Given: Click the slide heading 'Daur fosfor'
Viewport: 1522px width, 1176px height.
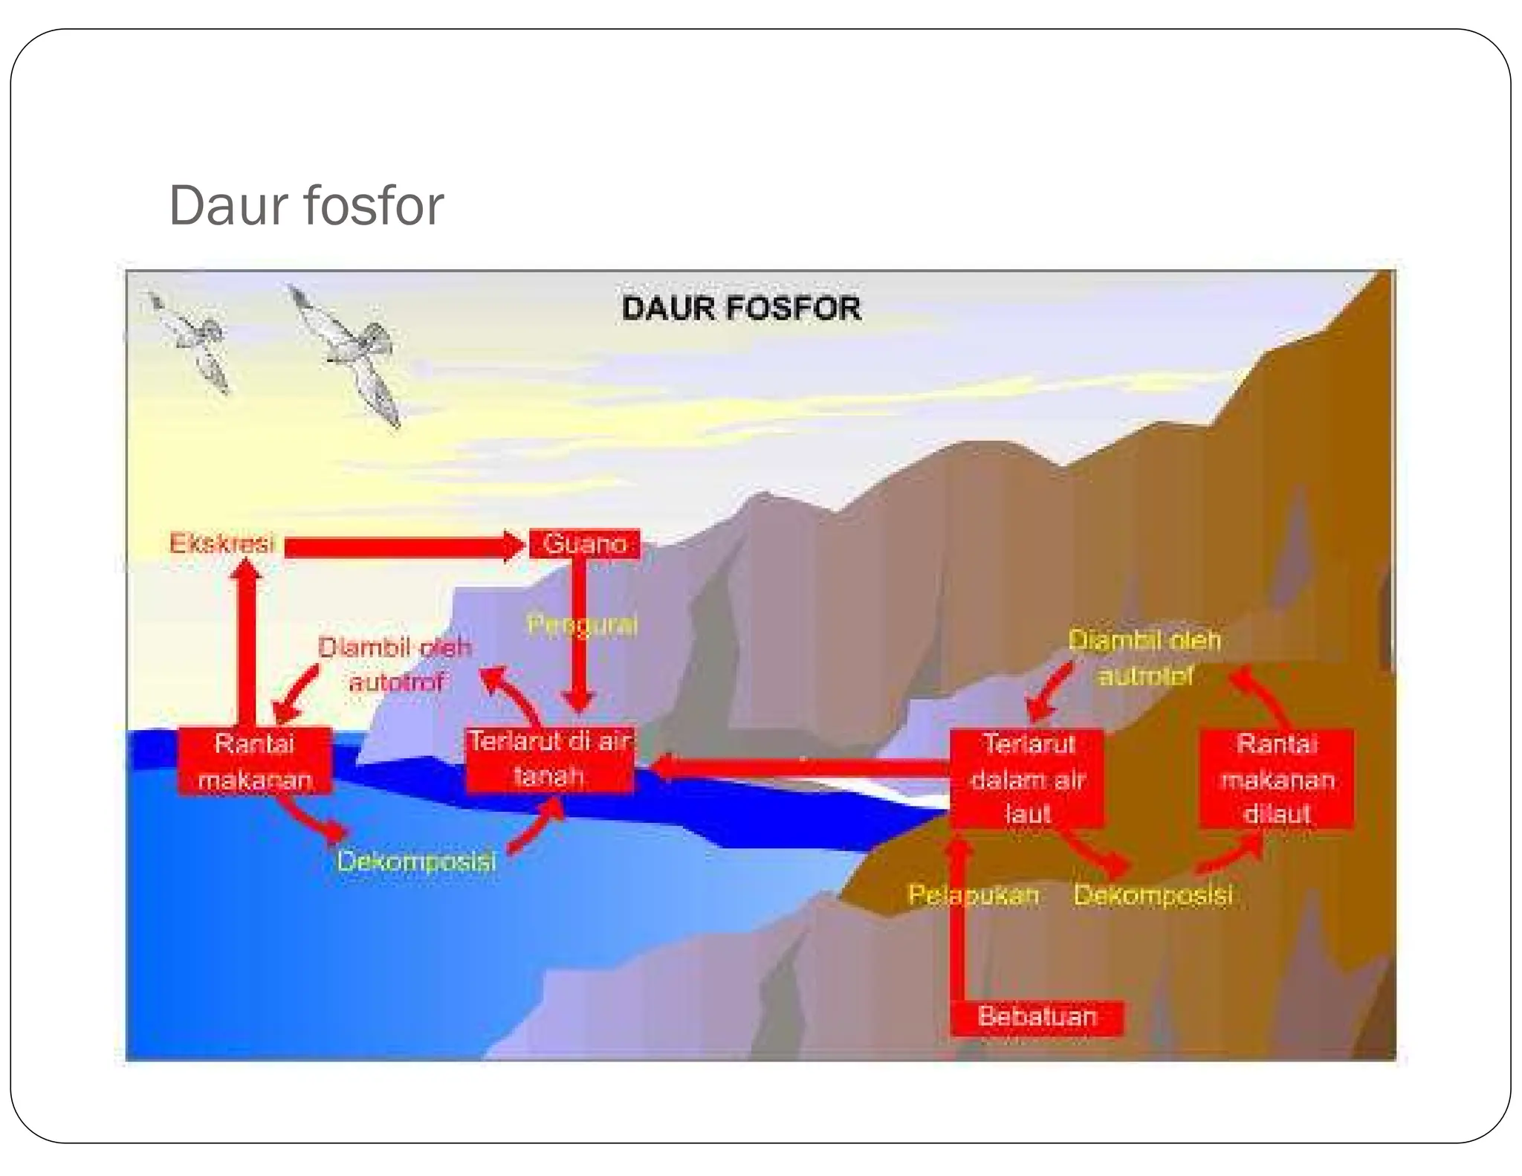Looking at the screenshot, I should (x=305, y=205).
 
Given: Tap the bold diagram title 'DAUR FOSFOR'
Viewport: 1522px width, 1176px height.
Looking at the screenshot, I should (x=741, y=308).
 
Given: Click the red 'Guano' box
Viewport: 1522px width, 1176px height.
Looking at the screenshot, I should (x=584, y=543).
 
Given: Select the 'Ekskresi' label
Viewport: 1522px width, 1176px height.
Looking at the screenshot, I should (x=221, y=543).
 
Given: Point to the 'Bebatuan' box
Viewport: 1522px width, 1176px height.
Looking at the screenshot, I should (x=1037, y=1016).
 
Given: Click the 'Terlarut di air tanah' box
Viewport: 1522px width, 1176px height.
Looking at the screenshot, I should (x=549, y=759).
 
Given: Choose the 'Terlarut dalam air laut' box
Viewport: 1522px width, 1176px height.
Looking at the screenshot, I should (x=1028, y=778).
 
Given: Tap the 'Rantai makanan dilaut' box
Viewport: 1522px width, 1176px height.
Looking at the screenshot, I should (x=1276, y=778).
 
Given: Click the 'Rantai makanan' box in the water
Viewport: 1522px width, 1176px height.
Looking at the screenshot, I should (x=254, y=761).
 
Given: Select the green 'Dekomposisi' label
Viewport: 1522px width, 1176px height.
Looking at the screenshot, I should (x=416, y=861).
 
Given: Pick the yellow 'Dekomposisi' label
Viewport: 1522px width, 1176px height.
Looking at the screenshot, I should (x=1153, y=894).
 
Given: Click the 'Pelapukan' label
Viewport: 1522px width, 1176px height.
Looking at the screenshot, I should (x=973, y=894).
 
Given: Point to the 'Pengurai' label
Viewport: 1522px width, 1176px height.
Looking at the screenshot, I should (x=582, y=624).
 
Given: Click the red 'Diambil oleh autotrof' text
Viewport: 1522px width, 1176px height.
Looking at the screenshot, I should (x=395, y=664).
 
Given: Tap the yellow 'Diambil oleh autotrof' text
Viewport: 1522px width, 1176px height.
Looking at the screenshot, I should (x=1144, y=657).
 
